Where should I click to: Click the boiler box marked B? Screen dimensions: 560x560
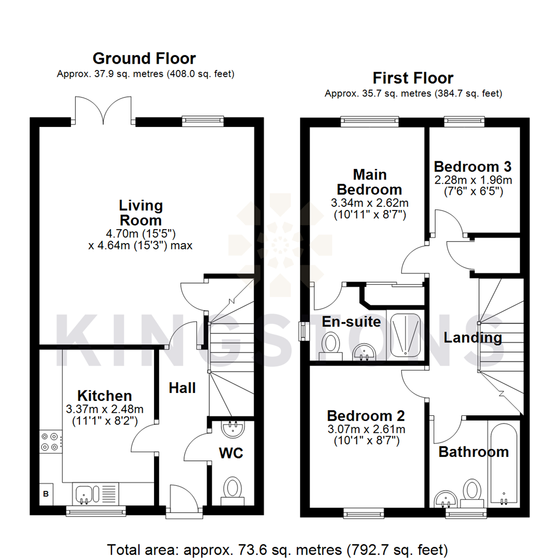[x=46, y=494]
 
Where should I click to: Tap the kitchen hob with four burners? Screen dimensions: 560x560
[x=50, y=442]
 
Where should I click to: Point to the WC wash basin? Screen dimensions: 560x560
[x=233, y=429]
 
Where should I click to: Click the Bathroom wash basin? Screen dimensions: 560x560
[x=445, y=499]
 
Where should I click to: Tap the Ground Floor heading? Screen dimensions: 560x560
[x=144, y=58]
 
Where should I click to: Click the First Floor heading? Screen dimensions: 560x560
[x=413, y=78]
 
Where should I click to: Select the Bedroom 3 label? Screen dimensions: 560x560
[x=472, y=166]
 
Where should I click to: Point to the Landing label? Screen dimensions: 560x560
[x=472, y=338]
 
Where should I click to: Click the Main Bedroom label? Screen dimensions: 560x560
[x=370, y=181]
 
